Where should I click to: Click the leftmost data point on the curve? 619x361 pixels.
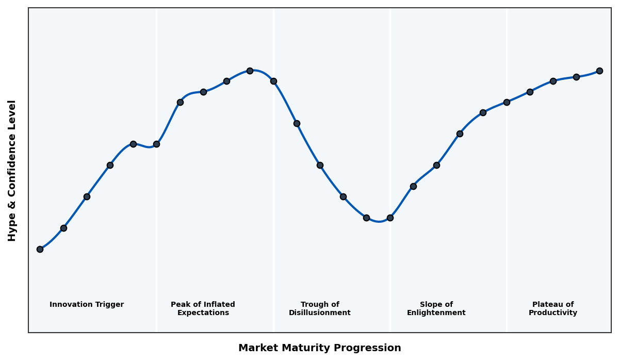(40, 249)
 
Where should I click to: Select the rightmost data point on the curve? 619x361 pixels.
(599, 71)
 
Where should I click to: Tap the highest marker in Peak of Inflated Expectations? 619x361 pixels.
(250, 71)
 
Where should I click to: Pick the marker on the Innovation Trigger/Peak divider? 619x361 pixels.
(156, 144)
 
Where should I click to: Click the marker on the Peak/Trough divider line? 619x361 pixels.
(273, 81)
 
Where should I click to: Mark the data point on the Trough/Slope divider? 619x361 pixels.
(390, 218)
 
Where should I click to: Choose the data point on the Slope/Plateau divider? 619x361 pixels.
(507, 102)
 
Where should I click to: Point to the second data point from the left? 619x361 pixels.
(63, 228)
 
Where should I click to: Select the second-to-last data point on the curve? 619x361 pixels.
(576, 77)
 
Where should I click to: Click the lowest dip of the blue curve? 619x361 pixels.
(379, 222)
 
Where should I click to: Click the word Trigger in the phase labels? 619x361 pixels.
(109, 305)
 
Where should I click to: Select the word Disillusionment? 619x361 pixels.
(320, 313)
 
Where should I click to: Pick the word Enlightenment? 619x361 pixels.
(436, 313)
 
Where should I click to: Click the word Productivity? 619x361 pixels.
(553, 313)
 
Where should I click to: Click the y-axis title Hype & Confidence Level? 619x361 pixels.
(12, 170)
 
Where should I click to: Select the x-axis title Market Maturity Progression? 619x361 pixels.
(320, 348)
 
